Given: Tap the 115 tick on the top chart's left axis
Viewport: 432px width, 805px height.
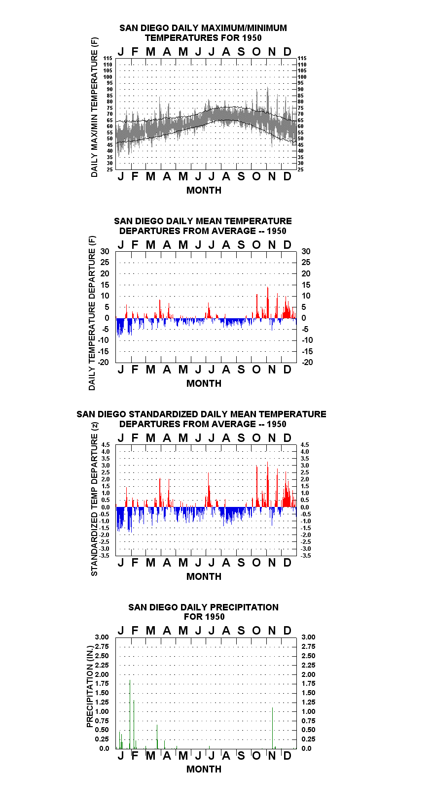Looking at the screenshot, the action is click(108, 58).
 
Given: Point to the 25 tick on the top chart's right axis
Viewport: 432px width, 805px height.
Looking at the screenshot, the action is click(300, 169).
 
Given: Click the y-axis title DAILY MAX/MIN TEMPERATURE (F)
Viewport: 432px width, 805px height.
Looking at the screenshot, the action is click(94, 107).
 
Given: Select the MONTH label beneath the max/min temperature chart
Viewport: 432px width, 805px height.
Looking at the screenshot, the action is click(204, 191).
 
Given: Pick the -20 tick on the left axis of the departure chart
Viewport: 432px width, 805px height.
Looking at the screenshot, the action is click(104, 362).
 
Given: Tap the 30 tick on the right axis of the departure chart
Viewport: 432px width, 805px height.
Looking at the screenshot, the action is click(306, 252).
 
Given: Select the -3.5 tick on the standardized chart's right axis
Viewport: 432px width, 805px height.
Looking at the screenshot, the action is click(306, 556).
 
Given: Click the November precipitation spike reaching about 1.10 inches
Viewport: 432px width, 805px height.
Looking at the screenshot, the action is click(273, 728).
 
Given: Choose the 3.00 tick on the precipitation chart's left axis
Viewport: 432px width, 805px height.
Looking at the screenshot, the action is click(102, 637).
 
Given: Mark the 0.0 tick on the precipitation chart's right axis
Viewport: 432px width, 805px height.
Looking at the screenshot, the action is click(306, 748).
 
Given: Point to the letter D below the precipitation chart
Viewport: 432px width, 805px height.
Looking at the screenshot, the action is click(287, 756).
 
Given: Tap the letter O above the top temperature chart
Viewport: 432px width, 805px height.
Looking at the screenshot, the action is click(256, 52).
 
